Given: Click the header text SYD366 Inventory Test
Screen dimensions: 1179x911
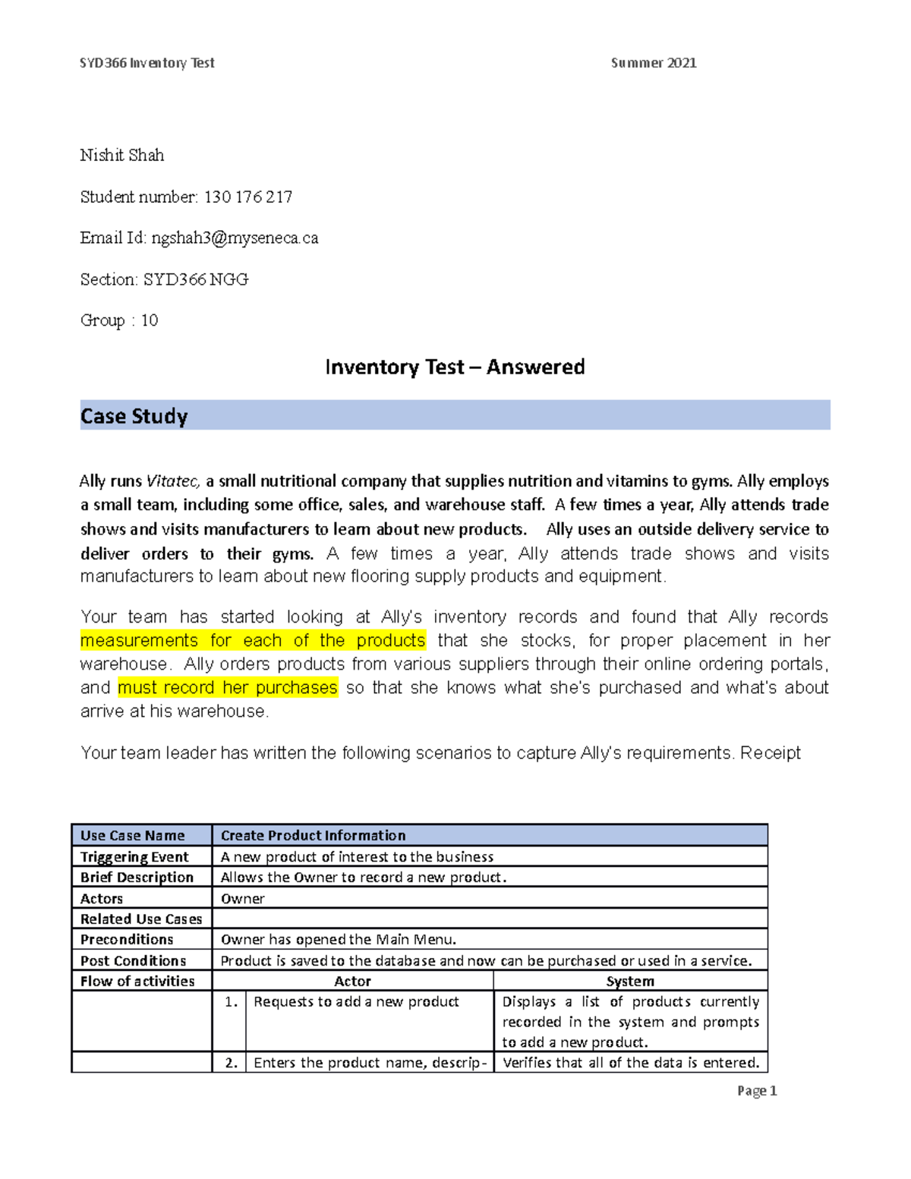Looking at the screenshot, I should click(147, 63).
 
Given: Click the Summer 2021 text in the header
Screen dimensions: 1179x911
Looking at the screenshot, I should click(653, 63).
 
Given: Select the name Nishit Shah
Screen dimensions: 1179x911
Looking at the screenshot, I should click(122, 156).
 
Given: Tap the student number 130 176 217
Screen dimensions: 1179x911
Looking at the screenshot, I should click(248, 197).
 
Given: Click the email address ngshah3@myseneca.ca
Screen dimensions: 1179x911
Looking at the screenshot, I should click(235, 238).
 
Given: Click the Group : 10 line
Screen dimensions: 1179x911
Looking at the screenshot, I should click(119, 320).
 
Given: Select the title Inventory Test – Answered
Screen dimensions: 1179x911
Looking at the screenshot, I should click(455, 367).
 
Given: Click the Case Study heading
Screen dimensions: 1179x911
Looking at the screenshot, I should click(134, 416).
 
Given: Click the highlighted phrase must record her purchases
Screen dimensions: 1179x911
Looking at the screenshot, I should click(228, 688).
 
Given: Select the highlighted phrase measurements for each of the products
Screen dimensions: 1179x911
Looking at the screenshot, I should click(253, 641).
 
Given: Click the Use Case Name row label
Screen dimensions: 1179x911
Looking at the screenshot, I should click(133, 836).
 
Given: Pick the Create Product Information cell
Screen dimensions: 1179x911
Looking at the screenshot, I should click(313, 836).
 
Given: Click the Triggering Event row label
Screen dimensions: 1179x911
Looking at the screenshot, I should click(134, 857).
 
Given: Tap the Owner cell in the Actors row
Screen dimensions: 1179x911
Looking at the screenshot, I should click(243, 899).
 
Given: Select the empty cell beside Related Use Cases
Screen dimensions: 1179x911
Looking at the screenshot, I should click(490, 919).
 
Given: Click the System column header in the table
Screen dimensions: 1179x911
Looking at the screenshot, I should click(630, 982).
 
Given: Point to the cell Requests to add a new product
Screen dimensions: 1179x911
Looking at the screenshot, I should click(356, 1002).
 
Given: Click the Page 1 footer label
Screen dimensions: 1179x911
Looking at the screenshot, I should click(757, 1091).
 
